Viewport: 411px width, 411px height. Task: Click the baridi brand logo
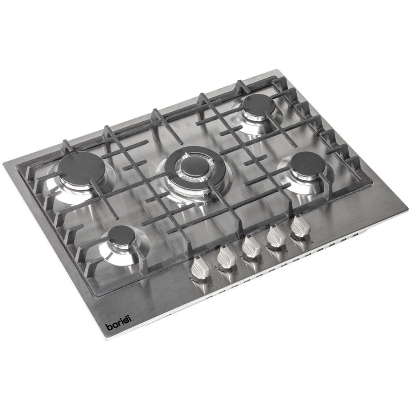tap(118, 323)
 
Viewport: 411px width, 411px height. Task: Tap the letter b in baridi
tap(108, 327)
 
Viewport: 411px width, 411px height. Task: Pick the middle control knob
tap(251, 247)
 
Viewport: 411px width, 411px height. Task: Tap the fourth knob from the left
tap(276, 237)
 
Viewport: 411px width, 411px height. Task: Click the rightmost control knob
tap(301, 227)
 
